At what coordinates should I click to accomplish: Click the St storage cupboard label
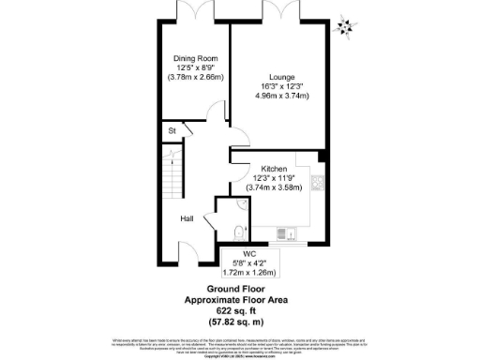(172, 131)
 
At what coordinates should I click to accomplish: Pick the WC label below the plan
(248, 253)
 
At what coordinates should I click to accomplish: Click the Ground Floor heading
(240, 289)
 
